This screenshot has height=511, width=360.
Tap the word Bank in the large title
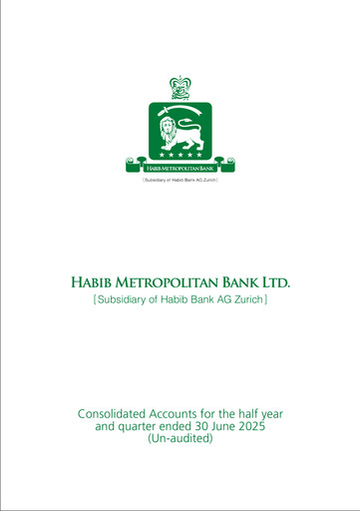pos(249,283)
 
